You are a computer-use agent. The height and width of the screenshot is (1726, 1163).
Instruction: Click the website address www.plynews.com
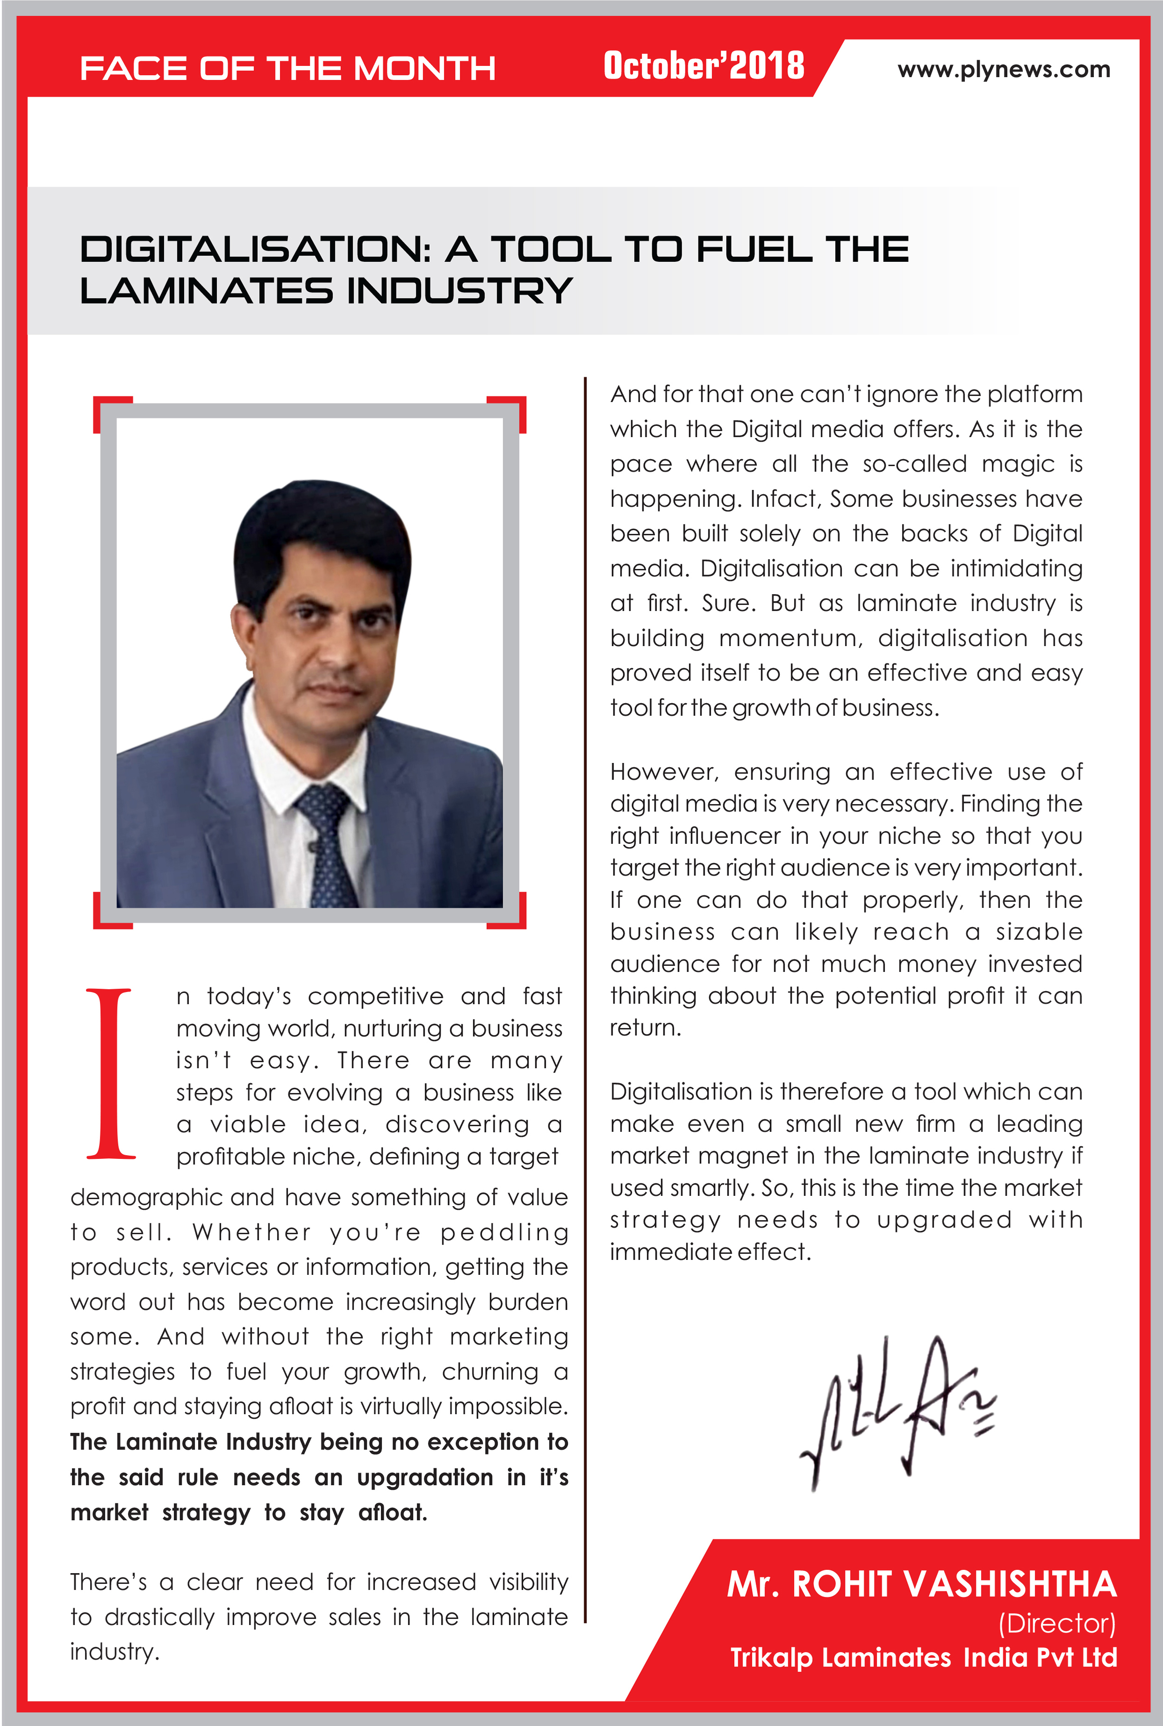(1004, 70)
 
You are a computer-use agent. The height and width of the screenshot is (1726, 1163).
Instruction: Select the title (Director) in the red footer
(1056, 1624)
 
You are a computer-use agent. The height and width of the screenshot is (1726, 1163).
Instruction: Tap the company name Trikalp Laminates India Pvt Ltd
(924, 1658)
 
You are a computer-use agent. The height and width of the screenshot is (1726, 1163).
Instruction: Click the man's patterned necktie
(327, 845)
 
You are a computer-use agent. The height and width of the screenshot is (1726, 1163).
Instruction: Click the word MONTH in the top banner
(424, 69)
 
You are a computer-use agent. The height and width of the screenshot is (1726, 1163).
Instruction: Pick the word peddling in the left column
(504, 1232)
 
